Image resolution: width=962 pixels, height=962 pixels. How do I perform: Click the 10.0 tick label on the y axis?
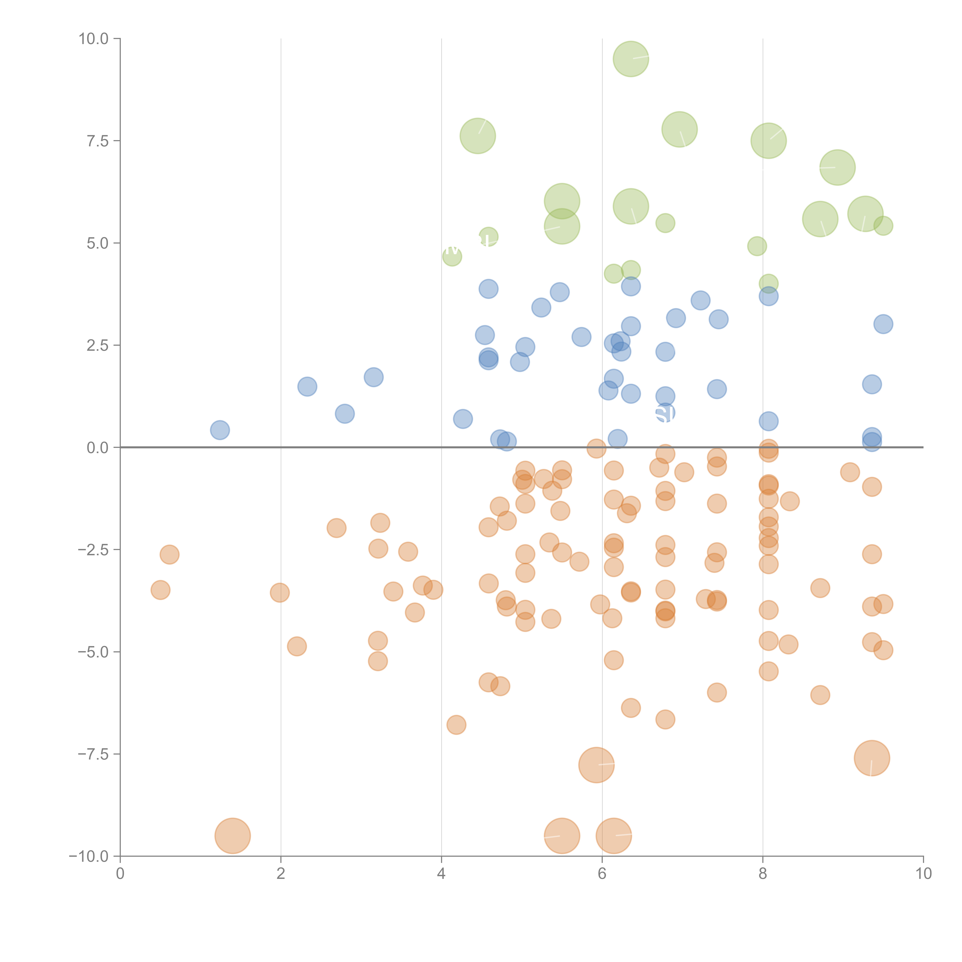[94, 39]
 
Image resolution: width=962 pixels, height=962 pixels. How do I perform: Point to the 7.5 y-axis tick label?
[98, 141]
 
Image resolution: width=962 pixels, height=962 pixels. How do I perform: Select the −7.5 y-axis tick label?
[94, 754]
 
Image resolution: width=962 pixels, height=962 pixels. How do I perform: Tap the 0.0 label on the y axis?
[98, 448]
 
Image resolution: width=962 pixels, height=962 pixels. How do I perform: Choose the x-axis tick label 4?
[441, 874]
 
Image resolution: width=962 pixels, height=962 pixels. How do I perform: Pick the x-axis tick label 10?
[923, 874]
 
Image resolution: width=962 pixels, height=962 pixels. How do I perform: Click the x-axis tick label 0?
[120, 874]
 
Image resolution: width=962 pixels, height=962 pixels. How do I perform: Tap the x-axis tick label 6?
[602, 874]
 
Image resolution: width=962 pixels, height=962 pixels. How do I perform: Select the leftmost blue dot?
[220, 430]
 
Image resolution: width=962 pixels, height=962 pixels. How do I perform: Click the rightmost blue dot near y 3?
[883, 324]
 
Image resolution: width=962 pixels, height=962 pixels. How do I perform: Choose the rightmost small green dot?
[883, 226]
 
